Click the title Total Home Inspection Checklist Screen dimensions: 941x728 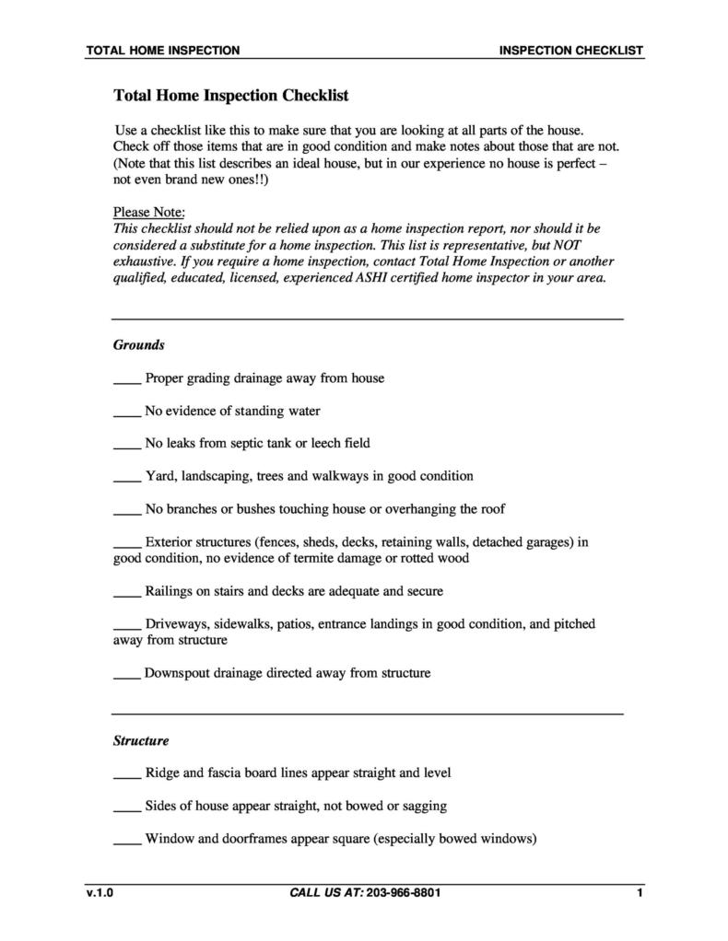(230, 95)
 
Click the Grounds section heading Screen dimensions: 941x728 (138, 345)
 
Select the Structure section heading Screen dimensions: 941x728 (141, 740)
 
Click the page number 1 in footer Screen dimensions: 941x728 (639, 893)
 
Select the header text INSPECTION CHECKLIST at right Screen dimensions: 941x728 (570, 51)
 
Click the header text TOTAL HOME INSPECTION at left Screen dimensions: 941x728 (162, 51)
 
